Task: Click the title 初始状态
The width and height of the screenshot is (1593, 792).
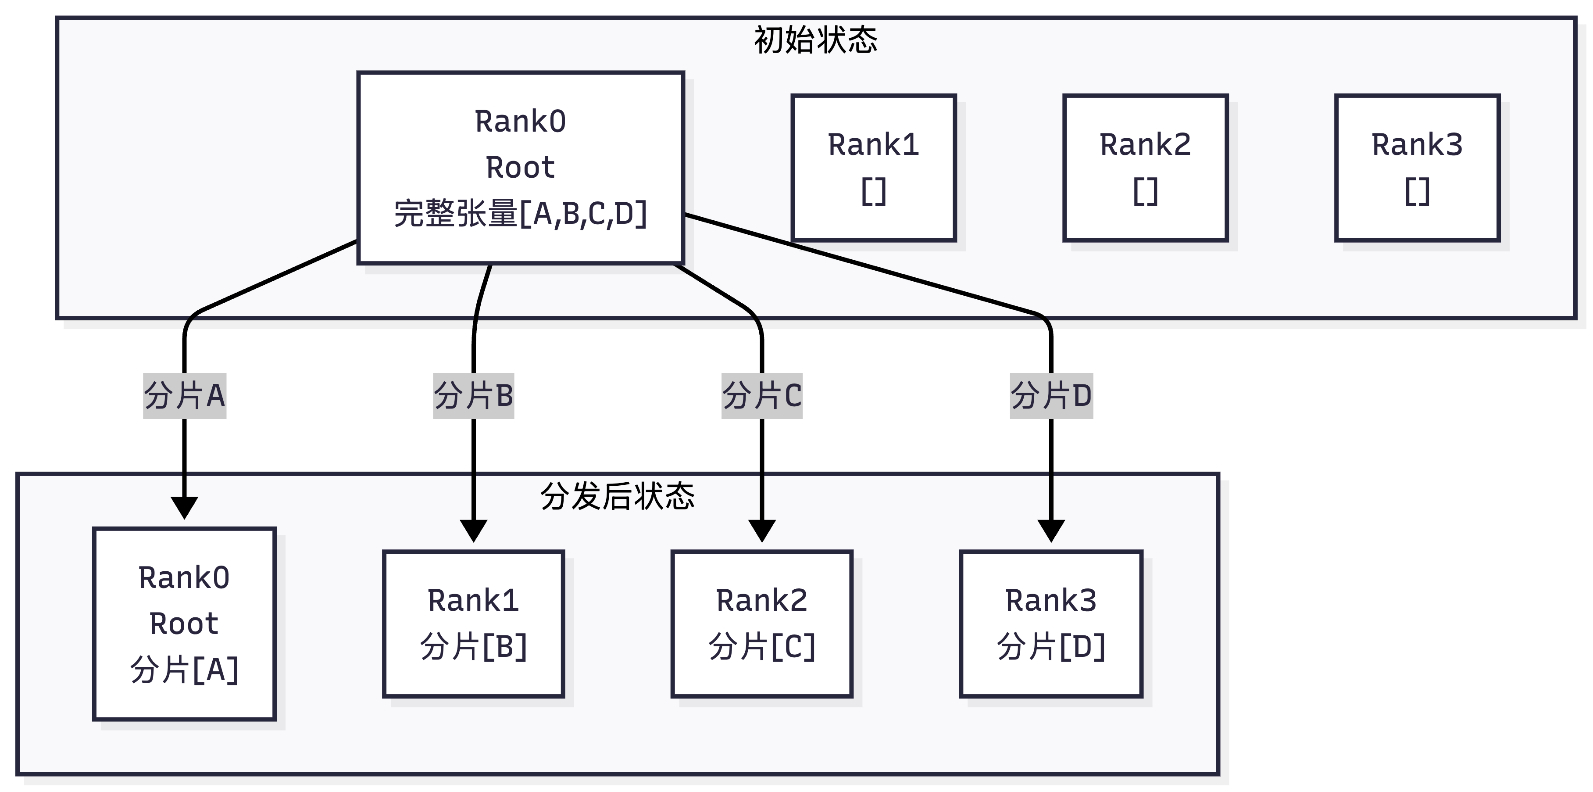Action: click(x=815, y=40)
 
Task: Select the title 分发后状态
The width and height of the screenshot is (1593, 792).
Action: click(x=617, y=496)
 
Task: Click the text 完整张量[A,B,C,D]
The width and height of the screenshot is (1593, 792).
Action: click(x=520, y=214)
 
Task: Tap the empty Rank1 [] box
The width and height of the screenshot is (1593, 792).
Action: click(x=873, y=168)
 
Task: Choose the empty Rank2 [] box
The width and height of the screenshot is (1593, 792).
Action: click(x=1145, y=168)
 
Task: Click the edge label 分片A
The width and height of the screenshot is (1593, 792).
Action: click(x=184, y=396)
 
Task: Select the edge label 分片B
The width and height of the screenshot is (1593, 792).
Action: click(x=473, y=396)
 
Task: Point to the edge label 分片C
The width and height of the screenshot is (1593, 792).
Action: click(x=762, y=396)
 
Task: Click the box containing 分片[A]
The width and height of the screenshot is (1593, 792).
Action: click(x=184, y=624)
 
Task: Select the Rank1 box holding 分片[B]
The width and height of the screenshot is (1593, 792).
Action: click(x=473, y=624)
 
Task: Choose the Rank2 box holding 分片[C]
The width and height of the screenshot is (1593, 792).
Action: click(x=762, y=624)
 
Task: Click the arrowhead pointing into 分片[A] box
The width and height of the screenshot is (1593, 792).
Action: click(x=184, y=507)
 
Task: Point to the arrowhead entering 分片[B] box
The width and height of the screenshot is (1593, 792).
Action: click(x=473, y=530)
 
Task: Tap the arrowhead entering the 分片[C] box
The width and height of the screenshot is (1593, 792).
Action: click(x=762, y=530)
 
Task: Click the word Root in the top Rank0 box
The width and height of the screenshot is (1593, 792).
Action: click(x=520, y=168)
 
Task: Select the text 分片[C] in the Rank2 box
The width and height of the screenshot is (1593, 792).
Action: click(x=762, y=647)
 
